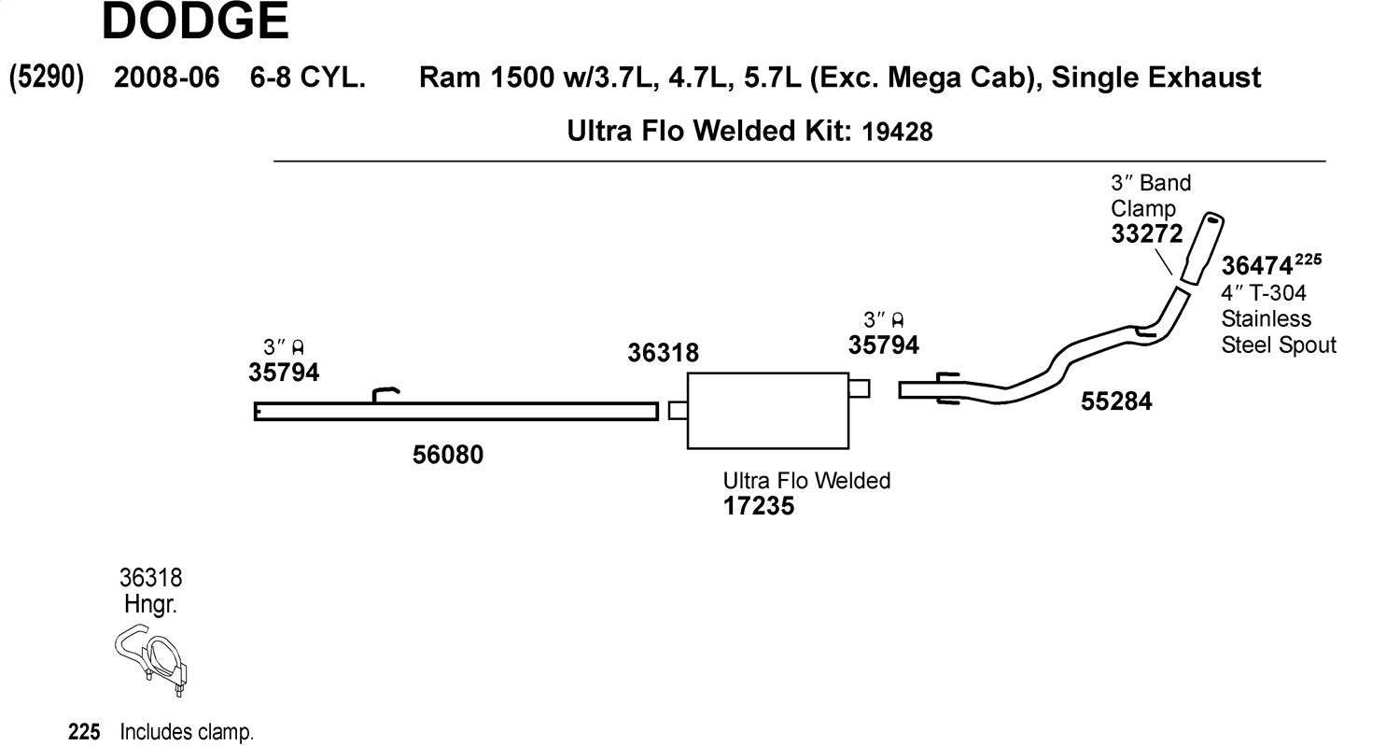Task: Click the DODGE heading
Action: click(195, 21)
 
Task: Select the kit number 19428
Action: click(897, 132)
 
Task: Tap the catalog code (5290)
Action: click(47, 77)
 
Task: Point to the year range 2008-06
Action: click(167, 77)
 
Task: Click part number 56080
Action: click(447, 455)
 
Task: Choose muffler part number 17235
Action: click(758, 506)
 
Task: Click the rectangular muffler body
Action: click(767, 411)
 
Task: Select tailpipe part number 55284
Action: click(1116, 401)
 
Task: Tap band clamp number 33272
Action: click(1147, 233)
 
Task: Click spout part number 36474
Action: click(1257, 266)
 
